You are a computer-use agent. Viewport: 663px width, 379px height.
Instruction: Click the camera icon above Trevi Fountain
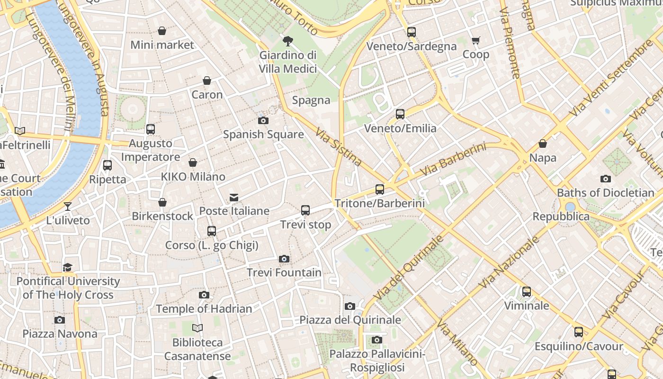284,259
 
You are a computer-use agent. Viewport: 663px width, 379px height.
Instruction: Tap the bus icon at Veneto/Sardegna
412,32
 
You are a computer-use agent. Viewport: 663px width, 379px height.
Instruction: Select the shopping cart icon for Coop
475,41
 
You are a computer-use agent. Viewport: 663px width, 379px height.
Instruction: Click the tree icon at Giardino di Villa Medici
287,41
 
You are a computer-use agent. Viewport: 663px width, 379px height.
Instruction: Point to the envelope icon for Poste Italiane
234,197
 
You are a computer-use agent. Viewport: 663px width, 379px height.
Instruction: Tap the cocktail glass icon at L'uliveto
68,207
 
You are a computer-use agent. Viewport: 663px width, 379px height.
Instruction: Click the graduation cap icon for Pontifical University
68,268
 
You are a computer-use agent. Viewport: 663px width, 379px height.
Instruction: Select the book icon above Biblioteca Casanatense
197,328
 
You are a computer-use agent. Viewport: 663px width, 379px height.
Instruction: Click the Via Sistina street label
339,147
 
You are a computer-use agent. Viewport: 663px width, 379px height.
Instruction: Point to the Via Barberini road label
453,159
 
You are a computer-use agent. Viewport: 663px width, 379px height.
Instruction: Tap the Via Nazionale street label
509,262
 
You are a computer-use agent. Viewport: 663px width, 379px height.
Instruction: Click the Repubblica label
561,217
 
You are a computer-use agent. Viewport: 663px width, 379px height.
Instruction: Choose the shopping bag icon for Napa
543,144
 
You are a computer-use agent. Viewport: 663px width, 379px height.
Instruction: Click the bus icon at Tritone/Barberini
380,189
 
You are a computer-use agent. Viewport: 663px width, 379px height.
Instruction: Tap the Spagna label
311,100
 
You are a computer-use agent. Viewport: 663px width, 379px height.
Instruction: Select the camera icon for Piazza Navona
60,320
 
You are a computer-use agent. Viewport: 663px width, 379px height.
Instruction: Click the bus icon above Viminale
527,292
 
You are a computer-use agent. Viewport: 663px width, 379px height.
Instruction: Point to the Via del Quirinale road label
409,267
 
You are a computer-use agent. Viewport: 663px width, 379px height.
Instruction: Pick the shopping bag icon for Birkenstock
162,203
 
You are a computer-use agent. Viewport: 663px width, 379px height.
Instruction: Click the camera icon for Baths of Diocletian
606,179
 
